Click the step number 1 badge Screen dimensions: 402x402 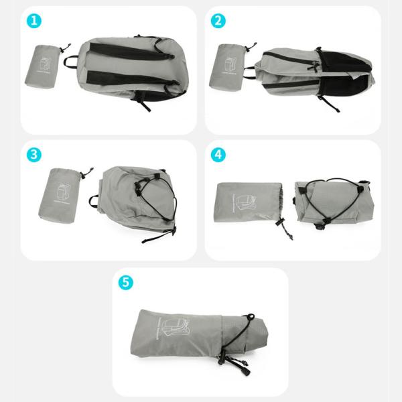(x=35, y=21)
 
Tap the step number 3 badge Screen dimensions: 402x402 (x=35, y=154)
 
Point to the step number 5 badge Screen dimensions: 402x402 (x=126, y=282)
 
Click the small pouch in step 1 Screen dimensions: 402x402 (x=44, y=65)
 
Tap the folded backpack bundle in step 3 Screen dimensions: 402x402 (x=137, y=199)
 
